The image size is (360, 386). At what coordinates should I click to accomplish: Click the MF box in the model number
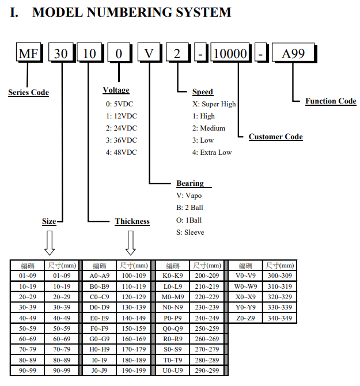[x=29, y=52]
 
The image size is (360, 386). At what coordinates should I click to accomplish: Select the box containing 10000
[x=231, y=53]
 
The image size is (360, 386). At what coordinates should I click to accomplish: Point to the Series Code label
[x=29, y=93]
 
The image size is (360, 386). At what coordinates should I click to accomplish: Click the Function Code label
[x=331, y=101]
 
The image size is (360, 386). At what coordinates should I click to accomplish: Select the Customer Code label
[x=276, y=137]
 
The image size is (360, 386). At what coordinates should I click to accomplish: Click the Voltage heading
[x=116, y=90]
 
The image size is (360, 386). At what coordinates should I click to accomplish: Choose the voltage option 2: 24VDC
[x=122, y=128]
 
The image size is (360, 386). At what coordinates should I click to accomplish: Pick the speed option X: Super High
[x=214, y=104]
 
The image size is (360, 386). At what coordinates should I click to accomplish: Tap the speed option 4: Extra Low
[x=212, y=152]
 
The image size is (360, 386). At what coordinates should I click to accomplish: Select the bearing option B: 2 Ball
[x=190, y=208]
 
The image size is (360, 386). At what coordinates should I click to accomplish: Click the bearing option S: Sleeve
[x=190, y=232]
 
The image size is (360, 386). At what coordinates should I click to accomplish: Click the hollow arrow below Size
[x=50, y=243]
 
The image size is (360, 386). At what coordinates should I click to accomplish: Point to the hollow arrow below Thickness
[x=131, y=243]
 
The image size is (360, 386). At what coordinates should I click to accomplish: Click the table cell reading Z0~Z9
[x=246, y=318]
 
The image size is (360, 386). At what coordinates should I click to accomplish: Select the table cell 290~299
[x=207, y=370]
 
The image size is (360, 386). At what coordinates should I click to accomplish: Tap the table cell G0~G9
[x=100, y=339]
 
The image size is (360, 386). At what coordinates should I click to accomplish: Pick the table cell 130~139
[x=134, y=307]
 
